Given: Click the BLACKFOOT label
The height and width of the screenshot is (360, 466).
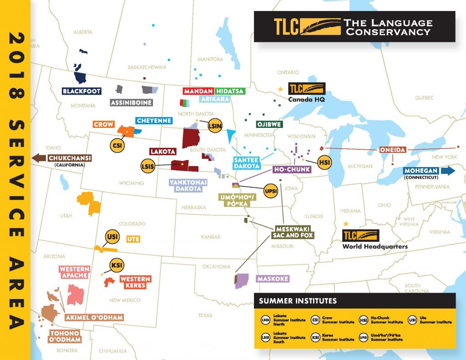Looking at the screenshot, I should (81, 91).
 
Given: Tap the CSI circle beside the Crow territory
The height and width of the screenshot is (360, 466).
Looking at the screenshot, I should (116, 145).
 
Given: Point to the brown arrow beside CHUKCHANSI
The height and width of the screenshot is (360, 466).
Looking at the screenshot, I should (38, 158).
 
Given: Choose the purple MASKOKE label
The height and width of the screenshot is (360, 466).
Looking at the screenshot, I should (273, 279).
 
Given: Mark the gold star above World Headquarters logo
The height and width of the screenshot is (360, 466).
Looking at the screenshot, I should (346, 224).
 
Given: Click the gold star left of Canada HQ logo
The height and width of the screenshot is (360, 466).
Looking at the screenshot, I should (280, 89).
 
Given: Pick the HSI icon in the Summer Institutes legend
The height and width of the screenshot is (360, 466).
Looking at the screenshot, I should (364, 320).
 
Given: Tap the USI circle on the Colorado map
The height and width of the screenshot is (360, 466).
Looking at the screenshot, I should (112, 237).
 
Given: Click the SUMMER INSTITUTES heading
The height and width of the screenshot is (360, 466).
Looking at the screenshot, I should (298, 301).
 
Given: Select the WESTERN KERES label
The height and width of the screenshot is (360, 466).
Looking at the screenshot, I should (135, 282).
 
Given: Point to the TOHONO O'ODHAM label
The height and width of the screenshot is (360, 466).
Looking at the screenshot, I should (65, 336).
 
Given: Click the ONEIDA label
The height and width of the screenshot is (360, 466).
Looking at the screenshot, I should (392, 150).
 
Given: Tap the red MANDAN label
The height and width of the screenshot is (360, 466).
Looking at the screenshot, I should (198, 91).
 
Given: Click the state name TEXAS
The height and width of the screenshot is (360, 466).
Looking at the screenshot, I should (205, 315).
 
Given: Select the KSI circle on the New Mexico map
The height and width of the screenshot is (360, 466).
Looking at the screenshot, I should (116, 266).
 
